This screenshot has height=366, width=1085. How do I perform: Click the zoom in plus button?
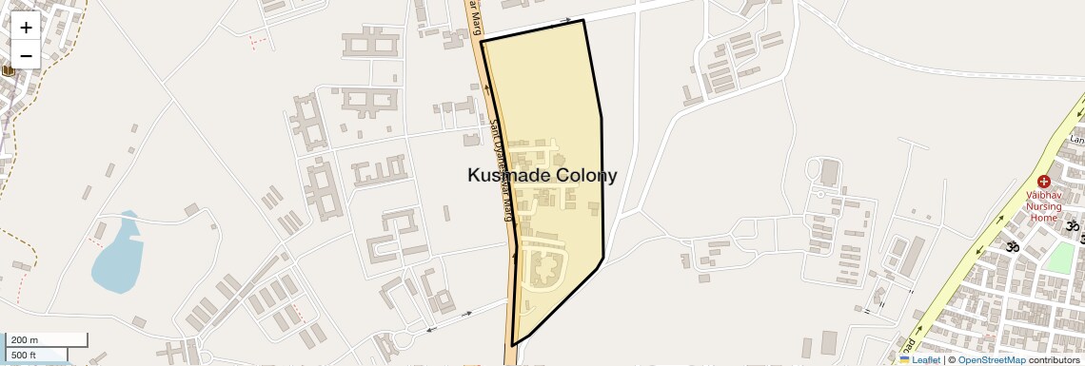(26, 27)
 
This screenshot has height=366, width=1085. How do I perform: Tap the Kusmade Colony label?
(542, 175)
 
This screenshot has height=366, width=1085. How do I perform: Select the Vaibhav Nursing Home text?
(1042, 205)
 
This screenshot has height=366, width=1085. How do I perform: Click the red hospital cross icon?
(1043, 181)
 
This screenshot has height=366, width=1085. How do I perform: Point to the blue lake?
(116, 254)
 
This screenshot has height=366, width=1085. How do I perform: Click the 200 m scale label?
(25, 339)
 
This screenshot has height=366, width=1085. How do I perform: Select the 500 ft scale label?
(24, 356)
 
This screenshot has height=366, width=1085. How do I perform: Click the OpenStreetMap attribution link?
(991, 359)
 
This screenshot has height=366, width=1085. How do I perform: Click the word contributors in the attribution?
(1055, 359)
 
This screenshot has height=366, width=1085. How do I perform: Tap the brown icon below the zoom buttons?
(8, 69)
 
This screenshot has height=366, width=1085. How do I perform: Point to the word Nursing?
(1044, 205)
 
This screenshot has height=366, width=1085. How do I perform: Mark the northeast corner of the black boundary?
(582, 20)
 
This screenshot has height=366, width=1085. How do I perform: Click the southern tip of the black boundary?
(513, 345)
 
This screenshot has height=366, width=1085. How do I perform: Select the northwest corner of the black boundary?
(482, 42)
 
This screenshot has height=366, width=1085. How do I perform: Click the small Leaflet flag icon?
(904, 359)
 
